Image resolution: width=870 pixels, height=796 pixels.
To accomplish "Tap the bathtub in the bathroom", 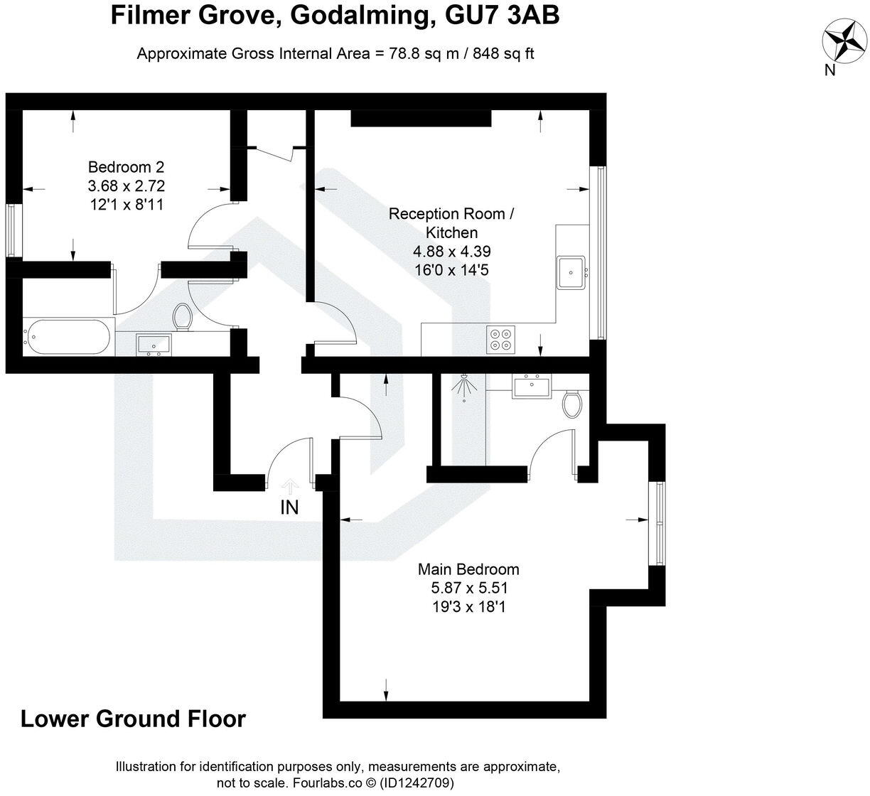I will point(68,336).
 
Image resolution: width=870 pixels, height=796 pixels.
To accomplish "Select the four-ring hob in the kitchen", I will point(500,338).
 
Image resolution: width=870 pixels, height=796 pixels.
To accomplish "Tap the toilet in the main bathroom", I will point(183,317).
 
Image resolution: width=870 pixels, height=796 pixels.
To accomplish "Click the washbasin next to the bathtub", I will point(154,343).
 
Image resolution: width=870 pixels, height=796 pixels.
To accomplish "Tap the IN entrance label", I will point(290,507).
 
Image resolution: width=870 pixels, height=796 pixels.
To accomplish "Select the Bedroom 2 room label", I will point(126,167).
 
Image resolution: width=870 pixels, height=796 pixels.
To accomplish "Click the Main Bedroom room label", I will point(468,569).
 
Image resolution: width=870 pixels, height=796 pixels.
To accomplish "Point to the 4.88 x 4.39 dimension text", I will point(452,251).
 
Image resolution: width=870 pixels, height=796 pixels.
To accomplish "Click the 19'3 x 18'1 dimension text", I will point(468,607).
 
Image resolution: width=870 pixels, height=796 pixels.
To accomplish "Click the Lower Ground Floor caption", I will point(133,719).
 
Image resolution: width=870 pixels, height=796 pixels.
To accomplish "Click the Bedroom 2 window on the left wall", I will point(12,230).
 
